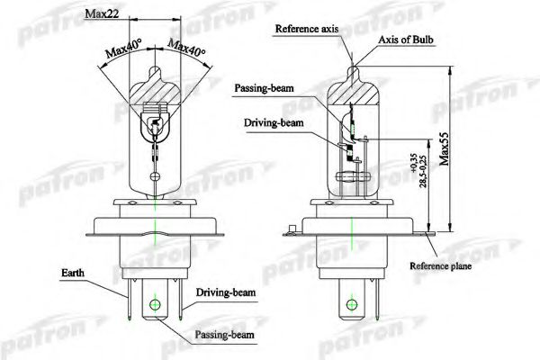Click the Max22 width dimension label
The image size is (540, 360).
coord(102,13)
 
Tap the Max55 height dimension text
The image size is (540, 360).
coord(445,148)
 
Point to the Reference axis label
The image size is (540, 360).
coord(307,29)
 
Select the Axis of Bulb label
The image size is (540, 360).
coord(406,40)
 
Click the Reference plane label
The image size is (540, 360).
coord(440,266)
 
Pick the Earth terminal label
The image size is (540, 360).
coord(73,273)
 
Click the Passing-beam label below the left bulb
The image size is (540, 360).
coord(224,335)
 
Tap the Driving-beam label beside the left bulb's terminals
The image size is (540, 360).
coord(226,292)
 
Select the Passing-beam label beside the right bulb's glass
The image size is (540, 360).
coord(264,88)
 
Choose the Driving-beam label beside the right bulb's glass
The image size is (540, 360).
coord(274,123)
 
